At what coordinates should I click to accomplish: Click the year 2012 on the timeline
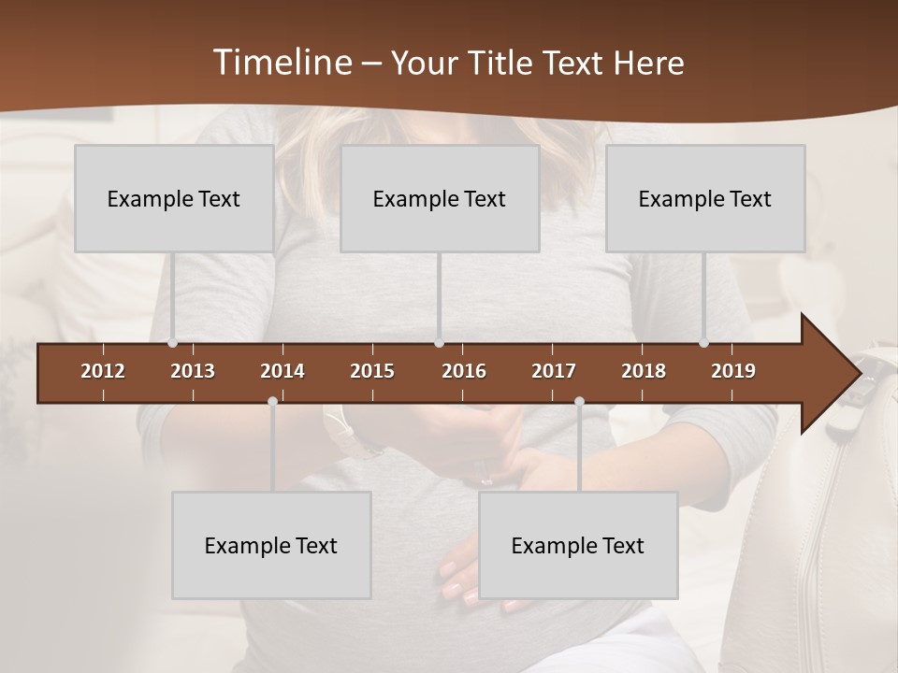pyautogui.click(x=103, y=371)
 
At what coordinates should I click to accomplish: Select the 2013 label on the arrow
pyautogui.click(x=193, y=371)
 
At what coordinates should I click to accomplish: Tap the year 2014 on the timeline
pyautogui.click(x=282, y=371)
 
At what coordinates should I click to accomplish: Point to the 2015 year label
pyautogui.click(x=372, y=371)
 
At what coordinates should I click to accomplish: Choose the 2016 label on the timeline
pyautogui.click(x=464, y=371)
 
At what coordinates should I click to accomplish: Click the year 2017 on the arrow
pyautogui.click(x=554, y=371)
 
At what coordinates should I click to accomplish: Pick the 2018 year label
pyautogui.click(x=644, y=371)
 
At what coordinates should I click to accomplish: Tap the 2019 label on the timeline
pyautogui.click(x=733, y=371)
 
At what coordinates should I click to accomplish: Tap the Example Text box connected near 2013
pyautogui.click(x=174, y=198)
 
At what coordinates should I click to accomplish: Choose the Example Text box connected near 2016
pyautogui.click(x=440, y=198)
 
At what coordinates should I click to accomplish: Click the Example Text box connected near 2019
pyautogui.click(x=705, y=198)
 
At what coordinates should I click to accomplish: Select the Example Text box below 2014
pyautogui.click(x=271, y=545)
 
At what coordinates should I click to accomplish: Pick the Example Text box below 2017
pyautogui.click(x=578, y=545)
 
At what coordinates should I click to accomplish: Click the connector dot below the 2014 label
pyautogui.click(x=272, y=402)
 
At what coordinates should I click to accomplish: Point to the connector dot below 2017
pyautogui.click(x=579, y=402)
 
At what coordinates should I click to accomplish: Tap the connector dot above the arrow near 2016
pyautogui.click(x=440, y=343)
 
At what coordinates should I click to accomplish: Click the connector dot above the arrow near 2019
pyautogui.click(x=704, y=343)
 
